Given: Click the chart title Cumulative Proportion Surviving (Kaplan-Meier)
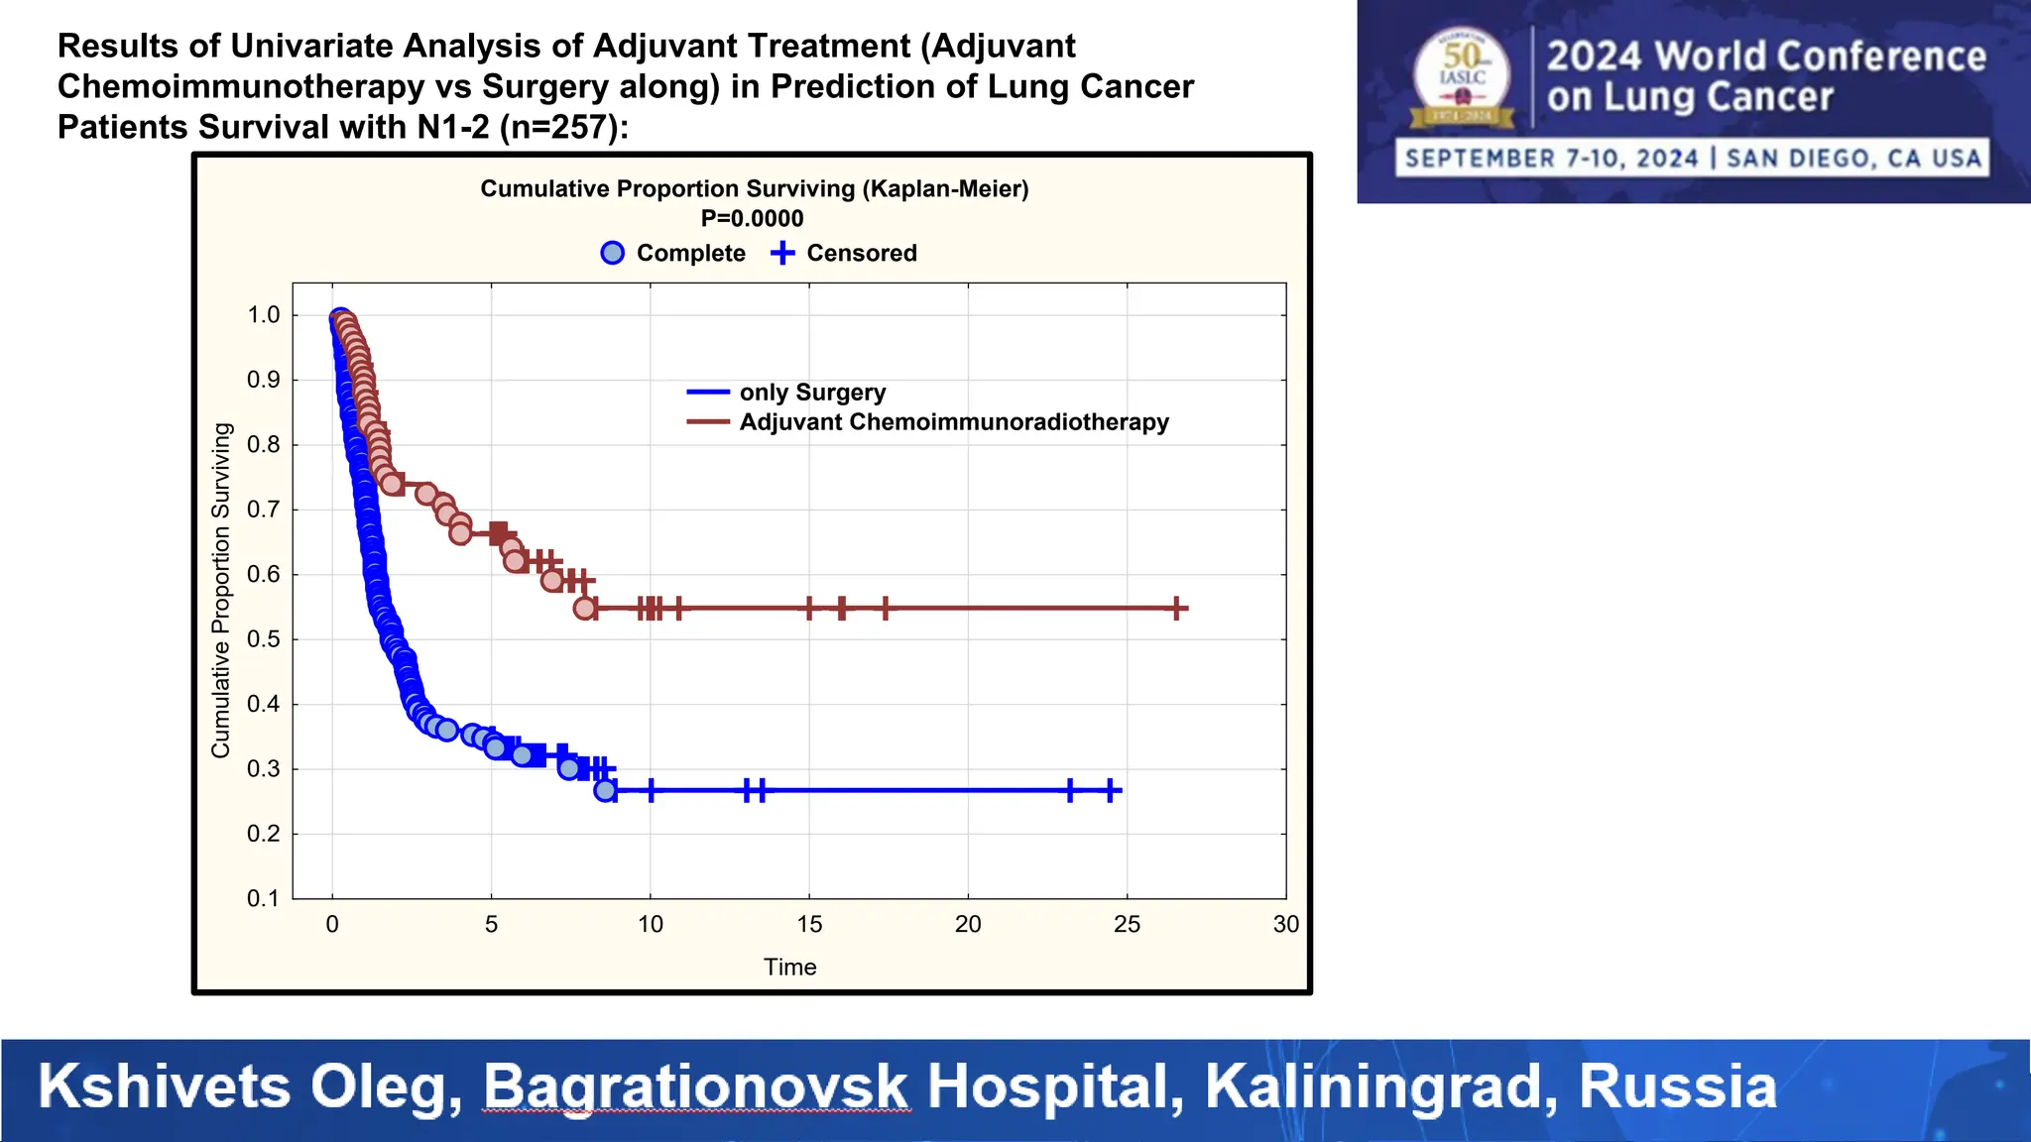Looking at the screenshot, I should coord(754,188).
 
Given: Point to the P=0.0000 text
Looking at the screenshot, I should coord(752,218).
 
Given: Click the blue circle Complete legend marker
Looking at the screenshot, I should coord(613,253).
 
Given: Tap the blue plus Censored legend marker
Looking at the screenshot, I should coord(782,253).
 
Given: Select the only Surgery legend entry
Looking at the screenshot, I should coord(811,393).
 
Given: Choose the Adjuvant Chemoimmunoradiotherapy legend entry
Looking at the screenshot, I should coord(953,422).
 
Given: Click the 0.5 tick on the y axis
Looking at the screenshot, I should coord(264,639).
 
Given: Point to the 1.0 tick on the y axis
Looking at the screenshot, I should coord(264,315).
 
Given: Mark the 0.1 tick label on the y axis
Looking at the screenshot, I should coord(264,898).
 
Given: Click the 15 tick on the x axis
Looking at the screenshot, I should coord(809,924).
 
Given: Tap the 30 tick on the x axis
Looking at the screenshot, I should coord(1285,924).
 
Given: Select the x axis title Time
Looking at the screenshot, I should coord(789,967).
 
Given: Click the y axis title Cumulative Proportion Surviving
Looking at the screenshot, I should coord(220,591).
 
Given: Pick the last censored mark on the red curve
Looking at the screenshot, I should coord(1176,608).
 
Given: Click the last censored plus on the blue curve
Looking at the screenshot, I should coord(1112,790).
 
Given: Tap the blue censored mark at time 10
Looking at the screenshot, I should coord(651,790).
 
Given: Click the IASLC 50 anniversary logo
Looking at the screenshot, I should coord(1462,77).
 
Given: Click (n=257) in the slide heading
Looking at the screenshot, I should coord(562,128).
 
